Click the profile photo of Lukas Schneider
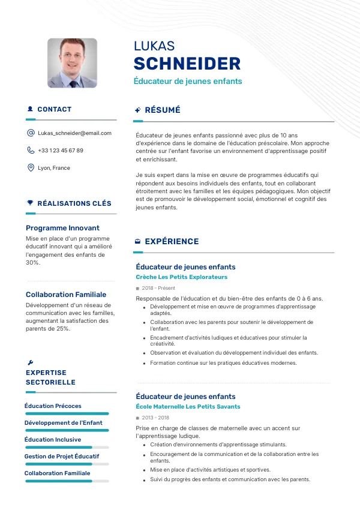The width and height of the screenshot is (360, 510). (x=72, y=63)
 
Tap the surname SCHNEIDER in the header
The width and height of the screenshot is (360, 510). (x=187, y=64)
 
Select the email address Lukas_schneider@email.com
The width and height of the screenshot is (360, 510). (x=74, y=133)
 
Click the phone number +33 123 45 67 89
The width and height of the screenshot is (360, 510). (x=60, y=151)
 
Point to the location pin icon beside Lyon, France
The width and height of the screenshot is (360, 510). (x=31, y=168)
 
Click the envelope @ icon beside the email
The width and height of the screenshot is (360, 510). (x=31, y=133)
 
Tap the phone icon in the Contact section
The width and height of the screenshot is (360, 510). (x=31, y=151)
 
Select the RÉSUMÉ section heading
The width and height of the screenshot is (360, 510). (x=163, y=110)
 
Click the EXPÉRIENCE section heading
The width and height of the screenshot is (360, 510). (x=172, y=242)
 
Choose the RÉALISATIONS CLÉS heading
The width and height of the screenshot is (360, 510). (x=74, y=203)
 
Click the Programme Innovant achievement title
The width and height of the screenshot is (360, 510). (x=62, y=228)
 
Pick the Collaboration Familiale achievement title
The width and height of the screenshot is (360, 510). (x=66, y=295)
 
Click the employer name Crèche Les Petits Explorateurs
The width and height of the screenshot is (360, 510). (x=182, y=277)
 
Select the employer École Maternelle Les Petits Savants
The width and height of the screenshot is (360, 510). (x=188, y=407)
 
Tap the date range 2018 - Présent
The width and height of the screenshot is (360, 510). (x=158, y=288)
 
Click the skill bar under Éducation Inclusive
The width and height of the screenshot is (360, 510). (x=67, y=447)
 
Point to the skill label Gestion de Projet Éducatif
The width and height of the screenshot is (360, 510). (x=62, y=457)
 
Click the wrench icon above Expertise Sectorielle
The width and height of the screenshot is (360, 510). (x=31, y=362)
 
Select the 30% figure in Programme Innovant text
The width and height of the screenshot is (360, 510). (x=33, y=263)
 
